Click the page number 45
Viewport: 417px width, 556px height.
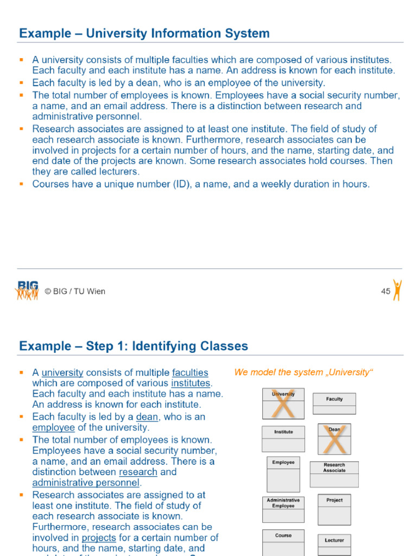pos(386,292)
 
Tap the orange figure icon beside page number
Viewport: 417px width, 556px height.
pos(397,290)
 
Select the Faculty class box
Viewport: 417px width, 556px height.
pos(334,403)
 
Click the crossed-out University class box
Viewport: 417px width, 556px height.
pos(283,403)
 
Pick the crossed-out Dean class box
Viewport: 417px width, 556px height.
pos(334,439)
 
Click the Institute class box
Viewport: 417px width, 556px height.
pos(283,439)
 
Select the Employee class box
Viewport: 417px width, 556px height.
pos(283,475)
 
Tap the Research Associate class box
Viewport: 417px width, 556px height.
pos(334,474)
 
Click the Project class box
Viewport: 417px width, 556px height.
pos(334,509)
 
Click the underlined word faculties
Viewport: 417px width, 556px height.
pos(190,372)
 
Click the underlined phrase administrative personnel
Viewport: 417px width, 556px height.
pos(86,483)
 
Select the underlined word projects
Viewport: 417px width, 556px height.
pos(99,538)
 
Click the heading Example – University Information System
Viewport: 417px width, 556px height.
pos(144,34)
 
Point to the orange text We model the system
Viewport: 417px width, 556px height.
pos(304,372)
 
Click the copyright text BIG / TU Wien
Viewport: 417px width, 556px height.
pos(75,292)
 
